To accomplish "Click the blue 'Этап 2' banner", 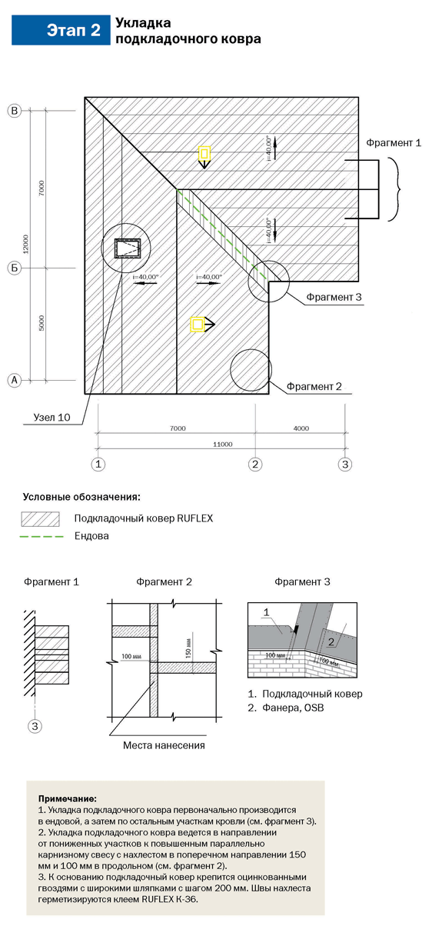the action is click(61, 30).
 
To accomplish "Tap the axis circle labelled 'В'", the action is click(15, 111).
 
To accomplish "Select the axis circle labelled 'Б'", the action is click(15, 268).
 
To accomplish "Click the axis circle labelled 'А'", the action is click(15, 380).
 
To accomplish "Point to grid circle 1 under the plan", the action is click(98, 464).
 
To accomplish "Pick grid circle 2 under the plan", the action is click(255, 464).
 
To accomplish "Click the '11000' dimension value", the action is click(222, 445).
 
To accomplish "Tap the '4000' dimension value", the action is click(301, 428).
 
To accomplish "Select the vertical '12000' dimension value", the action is click(26, 244).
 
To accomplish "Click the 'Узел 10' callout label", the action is click(52, 418).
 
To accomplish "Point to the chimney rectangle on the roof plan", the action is click(128, 248).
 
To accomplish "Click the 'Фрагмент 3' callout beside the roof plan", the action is click(334, 297).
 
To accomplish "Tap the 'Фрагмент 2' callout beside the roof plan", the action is click(314, 387).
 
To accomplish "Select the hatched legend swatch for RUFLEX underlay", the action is click(40, 519).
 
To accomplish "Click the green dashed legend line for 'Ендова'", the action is click(42, 537).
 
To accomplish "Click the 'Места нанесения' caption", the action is click(164, 745).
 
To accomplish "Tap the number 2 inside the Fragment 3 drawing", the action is click(331, 642).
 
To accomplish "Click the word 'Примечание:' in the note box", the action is click(68, 799).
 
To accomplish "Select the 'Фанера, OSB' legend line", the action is click(286, 708).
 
